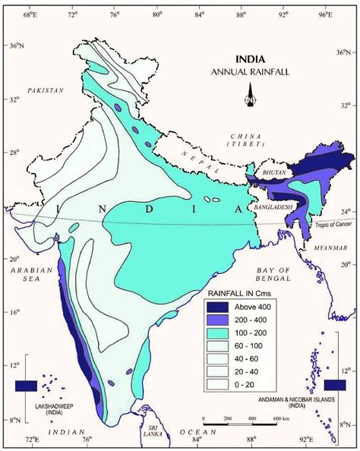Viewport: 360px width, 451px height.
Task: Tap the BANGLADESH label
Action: [274, 207]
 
